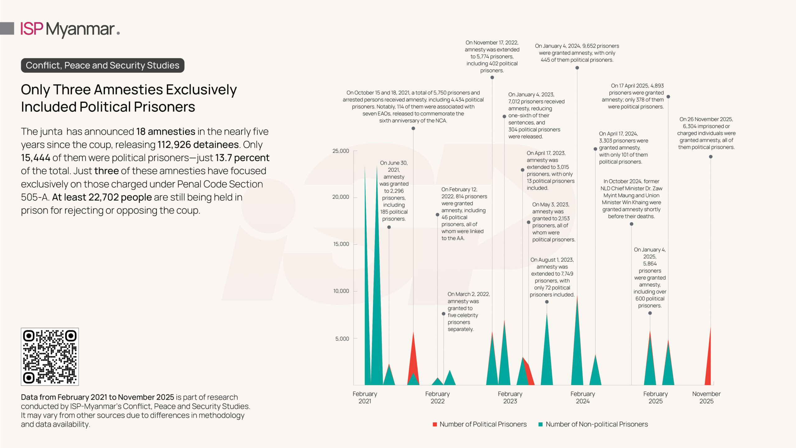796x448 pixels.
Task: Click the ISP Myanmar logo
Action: [70, 29]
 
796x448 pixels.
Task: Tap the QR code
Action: [50, 357]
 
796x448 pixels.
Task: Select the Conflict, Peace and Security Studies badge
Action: [102, 65]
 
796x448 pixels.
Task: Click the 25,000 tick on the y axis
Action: [341, 151]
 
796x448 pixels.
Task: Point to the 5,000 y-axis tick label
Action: [342, 338]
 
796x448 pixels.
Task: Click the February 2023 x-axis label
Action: [510, 397]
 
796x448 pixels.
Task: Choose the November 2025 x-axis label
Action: [706, 397]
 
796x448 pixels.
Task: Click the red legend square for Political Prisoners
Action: [435, 424]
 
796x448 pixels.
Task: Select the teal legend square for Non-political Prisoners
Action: [540, 424]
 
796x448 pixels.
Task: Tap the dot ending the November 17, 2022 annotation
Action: [492, 77]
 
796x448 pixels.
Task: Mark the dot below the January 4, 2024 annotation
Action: [577, 68]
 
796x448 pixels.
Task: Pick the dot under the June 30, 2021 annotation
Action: [389, 227]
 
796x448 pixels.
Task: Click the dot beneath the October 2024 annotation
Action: [631, 224]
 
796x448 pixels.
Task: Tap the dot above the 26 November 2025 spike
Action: [710, 157]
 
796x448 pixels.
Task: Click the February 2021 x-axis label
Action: [365, 397]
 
